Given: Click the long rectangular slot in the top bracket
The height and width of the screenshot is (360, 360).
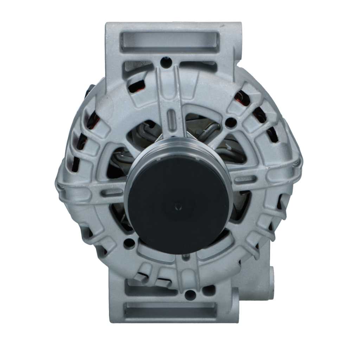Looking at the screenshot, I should [169, 42].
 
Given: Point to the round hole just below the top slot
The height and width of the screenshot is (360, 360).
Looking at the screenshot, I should [165, 63].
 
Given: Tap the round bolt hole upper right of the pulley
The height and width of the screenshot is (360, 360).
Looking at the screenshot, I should [231, 123].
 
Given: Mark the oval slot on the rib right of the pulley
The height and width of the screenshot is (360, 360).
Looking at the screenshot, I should [243, 179].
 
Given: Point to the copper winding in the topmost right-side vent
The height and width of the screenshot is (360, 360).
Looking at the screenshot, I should [243, 97].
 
